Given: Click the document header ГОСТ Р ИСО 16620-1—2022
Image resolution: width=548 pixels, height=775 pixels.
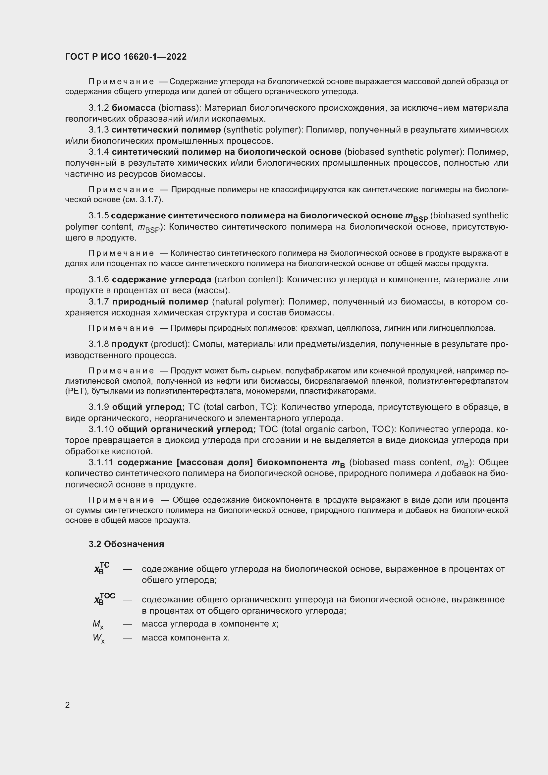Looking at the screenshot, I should click(x=126, y=57).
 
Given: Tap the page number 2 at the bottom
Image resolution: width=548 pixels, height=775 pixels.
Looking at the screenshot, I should click(x=68, y=705).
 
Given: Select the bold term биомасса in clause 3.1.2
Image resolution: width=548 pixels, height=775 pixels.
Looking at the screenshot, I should click(x=134, y=108).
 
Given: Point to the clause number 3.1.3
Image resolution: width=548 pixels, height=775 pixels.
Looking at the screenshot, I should click(x=98, y=130).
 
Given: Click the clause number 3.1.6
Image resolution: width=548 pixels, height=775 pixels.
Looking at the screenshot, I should click(x=98, y=280).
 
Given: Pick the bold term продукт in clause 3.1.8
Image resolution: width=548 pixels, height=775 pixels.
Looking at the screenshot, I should click(x=130, y=344).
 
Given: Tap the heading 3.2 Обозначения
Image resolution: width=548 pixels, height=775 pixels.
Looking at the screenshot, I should click(x=126, y=544).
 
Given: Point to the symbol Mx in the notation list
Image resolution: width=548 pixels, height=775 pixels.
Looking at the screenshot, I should click(x=98, y=624).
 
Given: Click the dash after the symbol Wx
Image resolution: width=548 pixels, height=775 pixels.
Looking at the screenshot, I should click(x=127, y=638).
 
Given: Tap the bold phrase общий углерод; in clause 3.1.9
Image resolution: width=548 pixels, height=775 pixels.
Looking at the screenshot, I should click(x=148, y=407).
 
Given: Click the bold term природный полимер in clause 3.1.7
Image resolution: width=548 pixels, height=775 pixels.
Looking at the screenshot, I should click(x=160, y=302).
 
